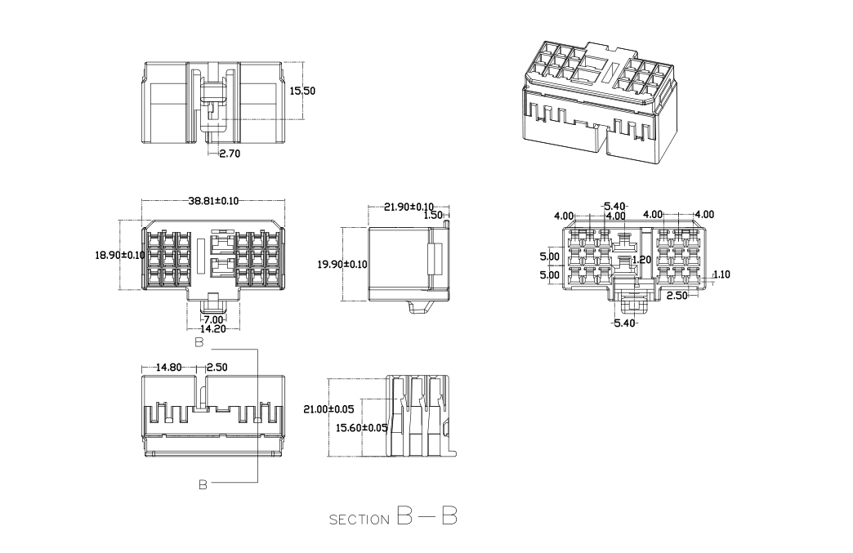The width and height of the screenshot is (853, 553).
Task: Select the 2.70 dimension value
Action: pyautogui.click(x=230, y=153)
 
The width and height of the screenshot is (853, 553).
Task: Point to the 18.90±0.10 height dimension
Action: pyautogui.click(x=120, y=255)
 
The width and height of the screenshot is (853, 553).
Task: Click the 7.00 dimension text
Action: pyautogui.click(x=213, y=319)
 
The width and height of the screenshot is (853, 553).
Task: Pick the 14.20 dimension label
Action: pyautogui.click(x=213, y=328)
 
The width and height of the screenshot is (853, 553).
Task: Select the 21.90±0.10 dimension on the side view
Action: pyautogui.click(x=409, y=207)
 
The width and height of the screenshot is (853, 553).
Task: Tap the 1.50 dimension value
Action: pyautogui.click(x=432, y=215)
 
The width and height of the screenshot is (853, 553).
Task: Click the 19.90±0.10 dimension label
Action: pyautogui.click(x=342, y=264)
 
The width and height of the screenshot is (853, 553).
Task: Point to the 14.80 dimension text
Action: pyautogui.click(x=171, y=368)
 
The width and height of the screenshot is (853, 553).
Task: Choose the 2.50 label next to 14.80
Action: pyautogui.click(x=217, y=368)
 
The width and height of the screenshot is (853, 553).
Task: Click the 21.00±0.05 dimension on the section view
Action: pyautogui.click(x=329, y=408)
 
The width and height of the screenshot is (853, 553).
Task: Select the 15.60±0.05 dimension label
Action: pyautogui.click(x=363, y=427)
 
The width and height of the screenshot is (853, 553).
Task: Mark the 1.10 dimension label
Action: pyautogui.click(x=721, y=275)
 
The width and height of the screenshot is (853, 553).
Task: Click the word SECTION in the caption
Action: pyautogui.click(x=360, y=520)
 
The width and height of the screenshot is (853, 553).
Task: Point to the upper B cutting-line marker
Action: pyautogui.click(x=199, y=344)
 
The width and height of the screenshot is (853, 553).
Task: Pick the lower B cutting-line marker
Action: pyautogui.click(x=203, y=484)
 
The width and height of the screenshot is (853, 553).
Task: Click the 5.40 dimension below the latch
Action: pyautogui.click(x=623, y=323)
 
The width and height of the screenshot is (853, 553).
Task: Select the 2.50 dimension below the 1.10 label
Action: pyautogui.click(x=677, y=295)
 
